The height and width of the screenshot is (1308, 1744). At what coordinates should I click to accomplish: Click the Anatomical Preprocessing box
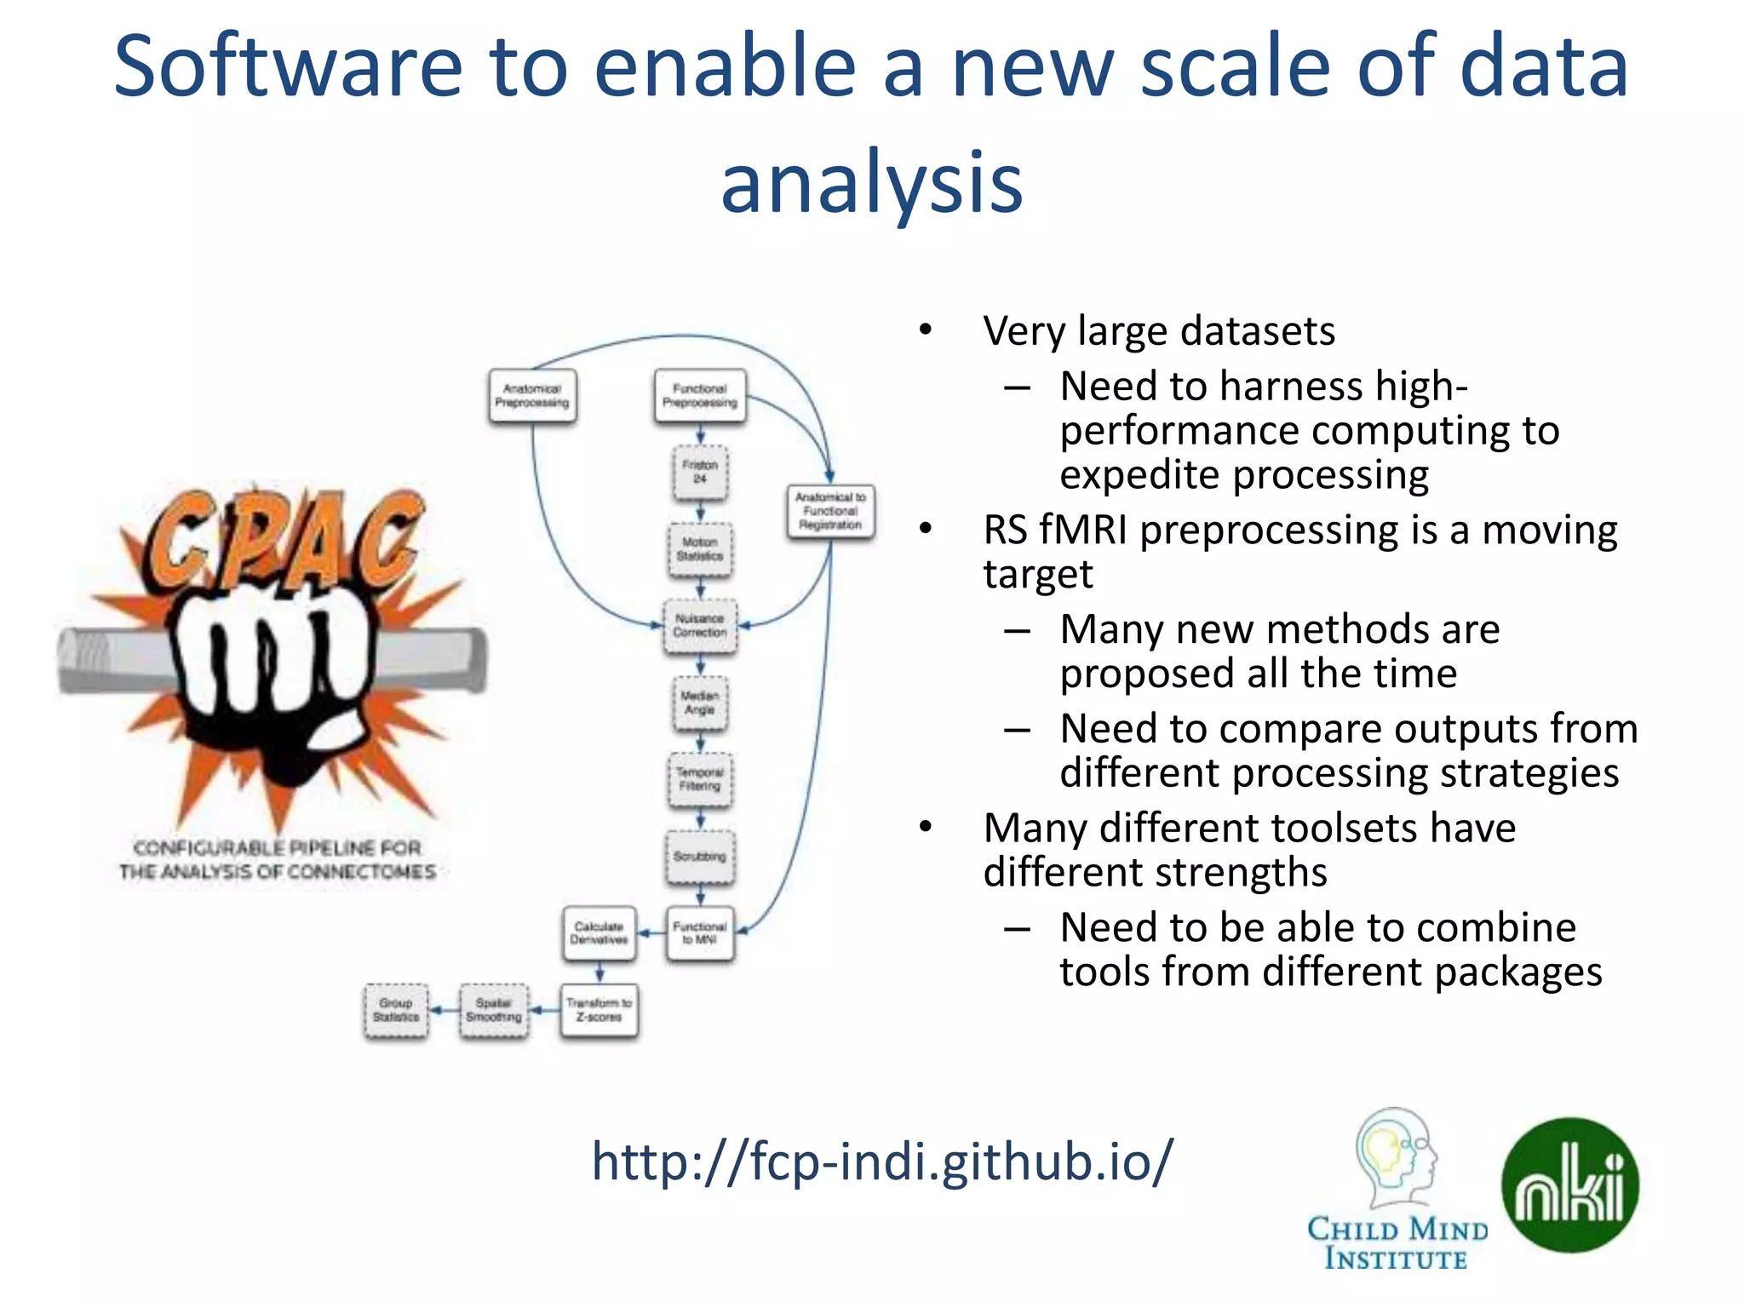pos(532,396)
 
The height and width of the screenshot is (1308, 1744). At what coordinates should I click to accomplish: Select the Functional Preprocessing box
pos(700,396)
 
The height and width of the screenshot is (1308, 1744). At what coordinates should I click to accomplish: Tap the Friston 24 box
pos(700,472)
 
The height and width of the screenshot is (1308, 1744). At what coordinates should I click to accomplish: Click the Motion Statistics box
pos(700,549)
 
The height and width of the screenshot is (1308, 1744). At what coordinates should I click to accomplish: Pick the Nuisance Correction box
pos(700,626)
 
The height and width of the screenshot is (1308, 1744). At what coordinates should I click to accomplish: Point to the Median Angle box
pos(700,703)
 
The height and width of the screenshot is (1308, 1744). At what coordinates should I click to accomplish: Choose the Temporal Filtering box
pos(700,779)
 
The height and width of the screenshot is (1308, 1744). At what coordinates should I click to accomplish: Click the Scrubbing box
pos(700,857)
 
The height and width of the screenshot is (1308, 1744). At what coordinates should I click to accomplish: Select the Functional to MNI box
pos(700,933)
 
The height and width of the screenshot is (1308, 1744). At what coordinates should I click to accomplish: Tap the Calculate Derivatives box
pos(599,933)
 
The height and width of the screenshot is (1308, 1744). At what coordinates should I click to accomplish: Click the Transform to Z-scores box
pos(599,1010)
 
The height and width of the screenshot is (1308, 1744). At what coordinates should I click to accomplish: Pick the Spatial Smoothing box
pos(494,1010)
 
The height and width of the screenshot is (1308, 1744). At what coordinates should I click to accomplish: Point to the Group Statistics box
pos(396,1010)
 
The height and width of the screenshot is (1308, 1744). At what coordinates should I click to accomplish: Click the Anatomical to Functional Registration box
pos(830,511)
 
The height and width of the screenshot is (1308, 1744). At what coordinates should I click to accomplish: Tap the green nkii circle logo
pos(1570,1185)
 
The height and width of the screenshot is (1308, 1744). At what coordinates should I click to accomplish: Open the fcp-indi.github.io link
pos(882,1161)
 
